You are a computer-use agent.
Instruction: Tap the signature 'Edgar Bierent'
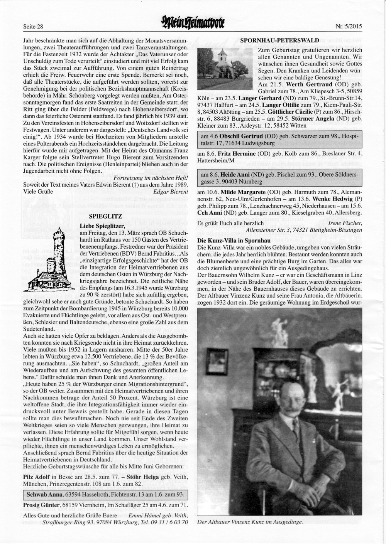click(171, 191)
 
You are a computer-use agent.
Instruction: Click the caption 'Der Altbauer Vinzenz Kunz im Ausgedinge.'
click(250, 522)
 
